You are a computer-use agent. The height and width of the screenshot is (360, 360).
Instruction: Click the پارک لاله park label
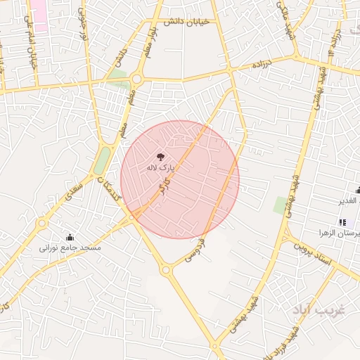[x=159, y=168]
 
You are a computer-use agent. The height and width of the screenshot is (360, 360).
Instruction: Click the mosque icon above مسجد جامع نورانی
[x=70, y=237]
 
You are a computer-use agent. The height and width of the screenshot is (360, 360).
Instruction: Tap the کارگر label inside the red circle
[x=163, y=188]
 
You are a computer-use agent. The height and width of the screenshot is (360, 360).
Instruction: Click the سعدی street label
[x=74, y=190]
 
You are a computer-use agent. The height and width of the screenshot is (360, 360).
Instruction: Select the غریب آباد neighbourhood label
[x=318, y=310]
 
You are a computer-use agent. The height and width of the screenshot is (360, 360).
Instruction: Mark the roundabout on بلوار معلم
[x=137, y=79]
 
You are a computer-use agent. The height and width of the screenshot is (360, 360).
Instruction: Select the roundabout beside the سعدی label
[x=42, y=224]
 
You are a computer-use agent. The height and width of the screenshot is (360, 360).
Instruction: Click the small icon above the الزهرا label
[x=342, y=222]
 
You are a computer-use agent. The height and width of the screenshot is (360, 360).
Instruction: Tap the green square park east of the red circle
[x=281, y=205]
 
